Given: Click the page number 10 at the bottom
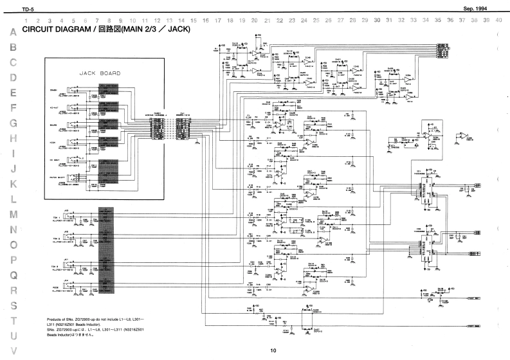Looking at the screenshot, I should tap(273, 350).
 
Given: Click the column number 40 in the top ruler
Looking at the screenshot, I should tap(498, 21).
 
